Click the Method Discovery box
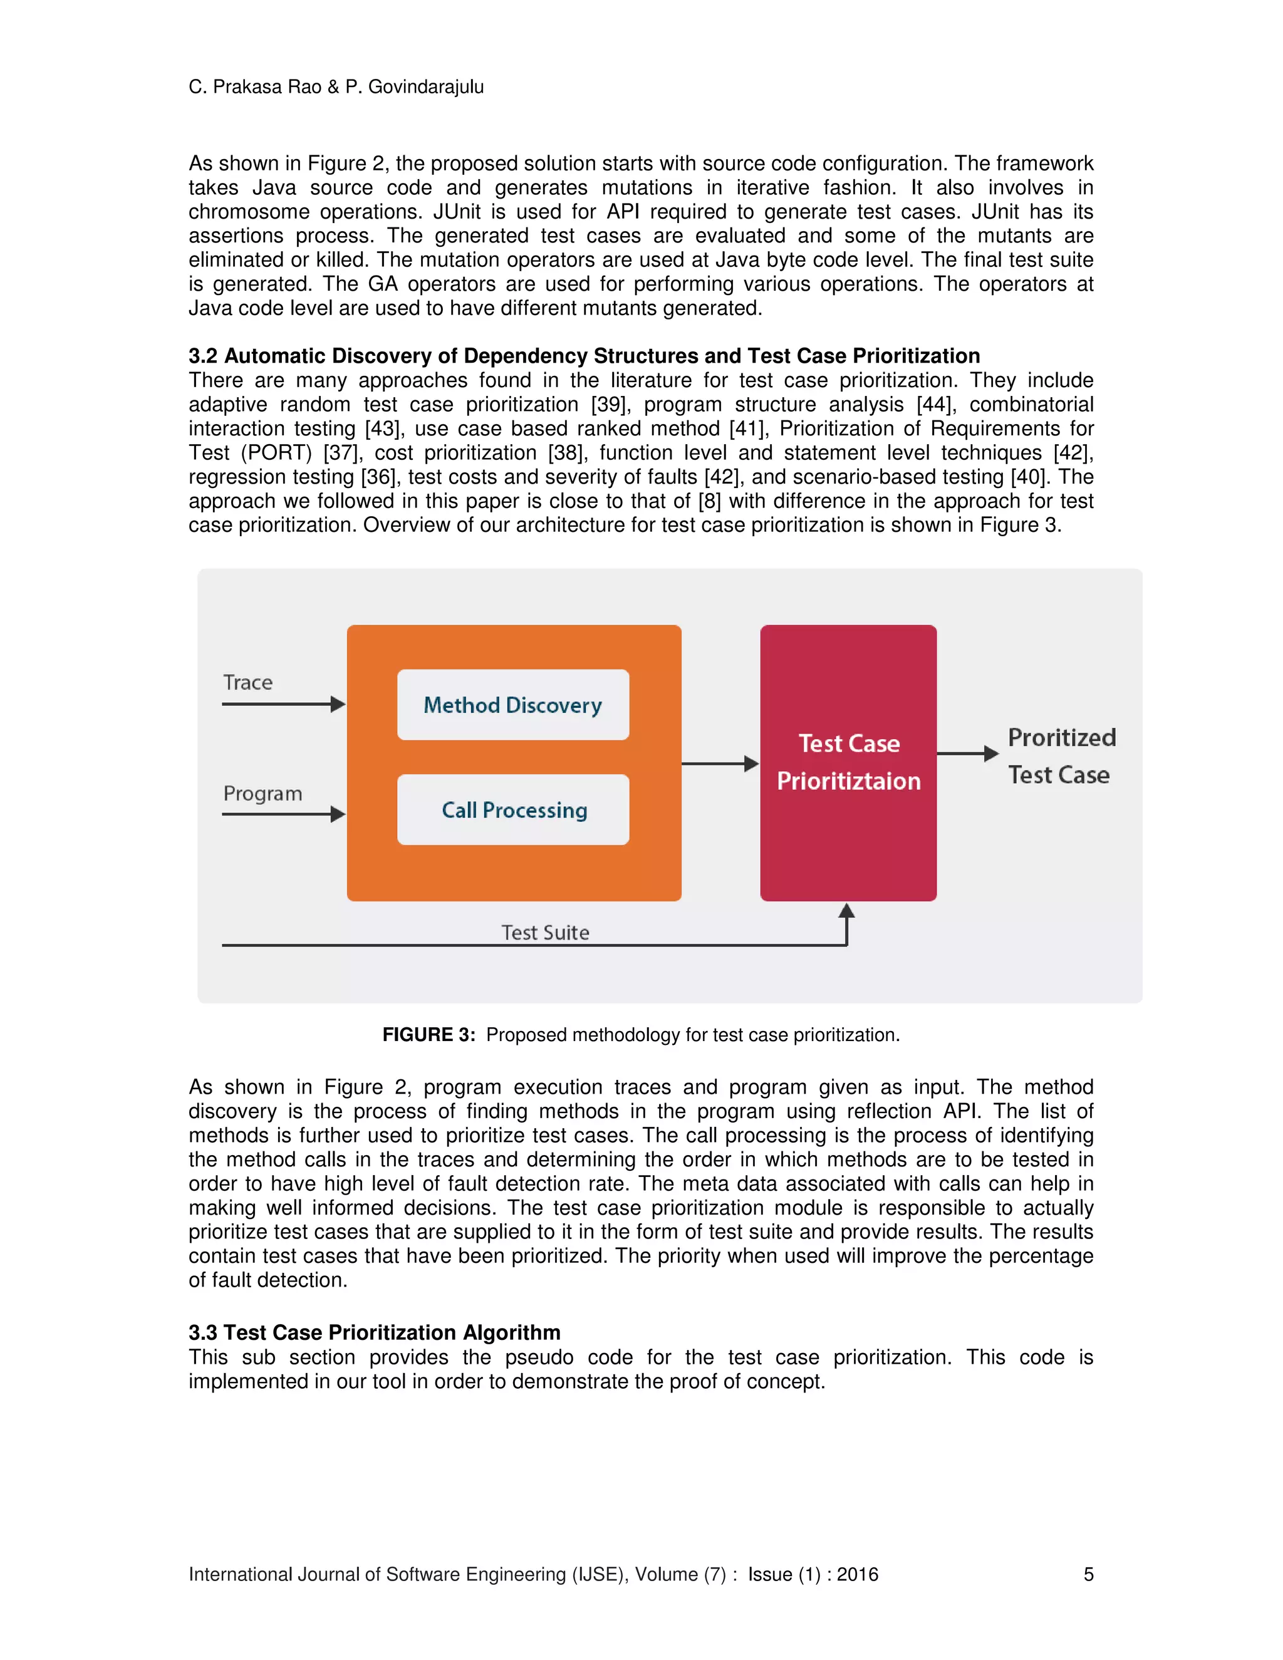point(513,705)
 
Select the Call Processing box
point(513,809)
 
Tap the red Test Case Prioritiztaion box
point(848,762)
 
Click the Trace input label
point(248,683)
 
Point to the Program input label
point(262,794)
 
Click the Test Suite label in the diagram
point(545,933)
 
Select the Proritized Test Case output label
point(1061,756)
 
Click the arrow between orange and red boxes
point(720,764)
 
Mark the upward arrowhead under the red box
point(847,911)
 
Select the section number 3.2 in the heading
point(203,356)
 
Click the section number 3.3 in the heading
point(203,1332)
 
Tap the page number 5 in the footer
point(1088,1574)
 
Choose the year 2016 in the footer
point(858,1574)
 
